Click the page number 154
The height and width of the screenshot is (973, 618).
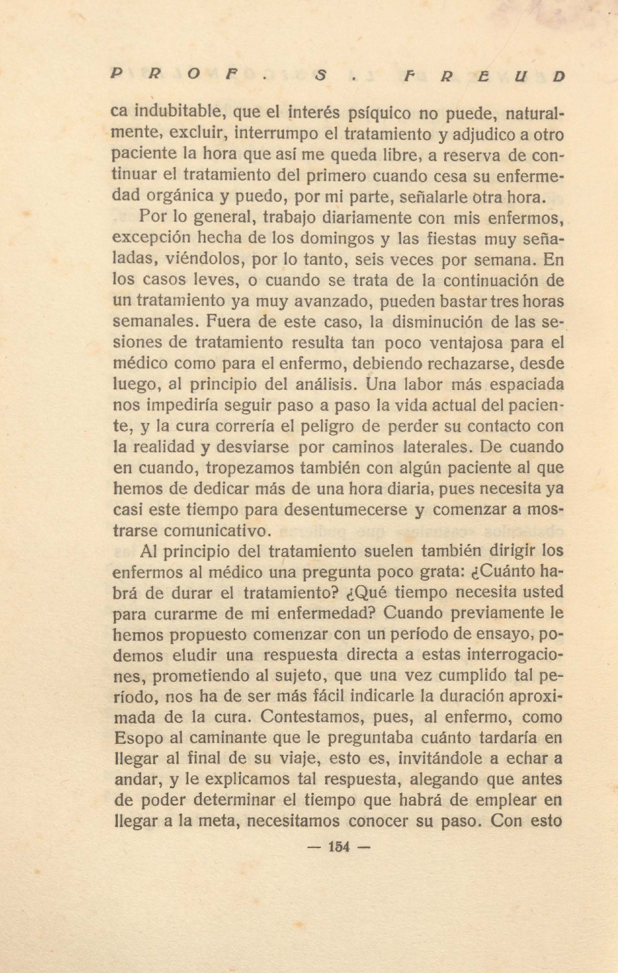click(339, 847)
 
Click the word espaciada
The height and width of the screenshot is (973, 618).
click(519, 384)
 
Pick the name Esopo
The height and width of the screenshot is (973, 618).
click(138, 738)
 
